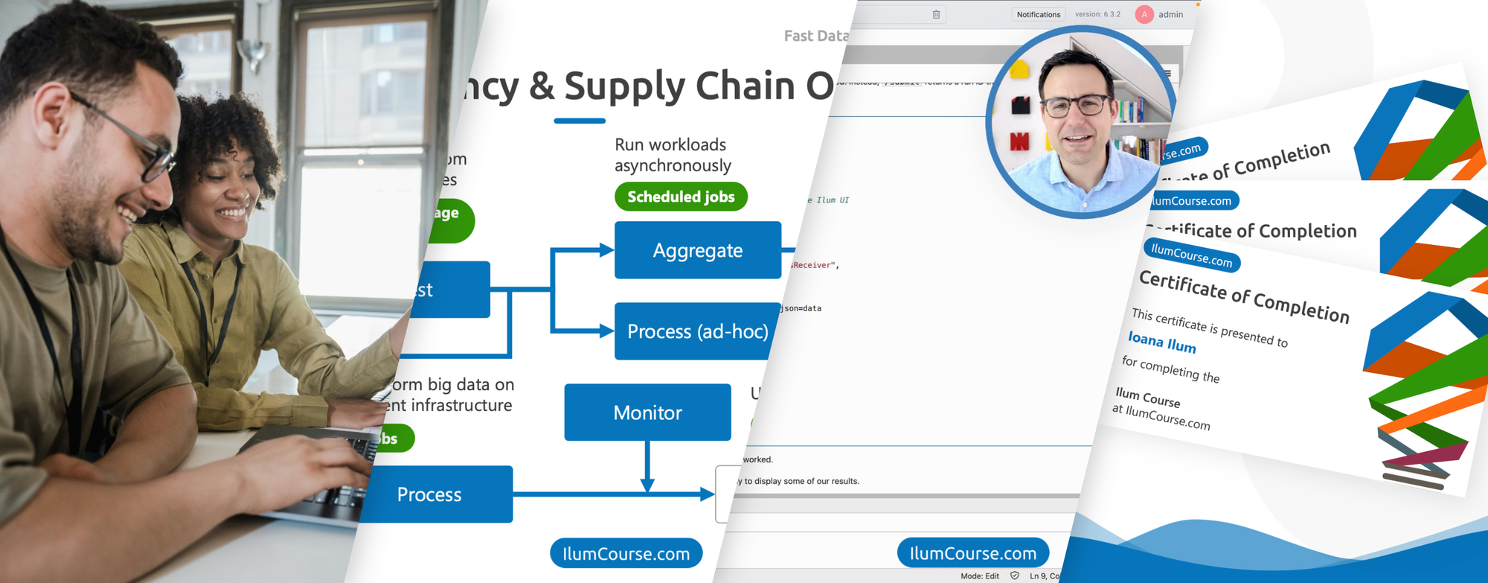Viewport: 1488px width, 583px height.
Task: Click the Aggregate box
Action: (697, 250)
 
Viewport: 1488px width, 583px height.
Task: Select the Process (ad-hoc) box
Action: (697, 331)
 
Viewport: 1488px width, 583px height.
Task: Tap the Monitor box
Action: (647, 412)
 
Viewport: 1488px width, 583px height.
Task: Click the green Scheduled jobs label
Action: (681, 197)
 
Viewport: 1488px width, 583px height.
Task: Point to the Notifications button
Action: (1038, 14)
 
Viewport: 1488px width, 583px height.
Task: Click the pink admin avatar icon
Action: (1144, 14)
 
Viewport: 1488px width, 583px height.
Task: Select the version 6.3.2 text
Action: (1097, 14)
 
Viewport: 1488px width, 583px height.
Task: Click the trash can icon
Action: (936, 14)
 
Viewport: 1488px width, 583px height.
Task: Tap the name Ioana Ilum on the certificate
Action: (1161, 343)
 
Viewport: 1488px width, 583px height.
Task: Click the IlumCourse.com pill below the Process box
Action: (626, 553)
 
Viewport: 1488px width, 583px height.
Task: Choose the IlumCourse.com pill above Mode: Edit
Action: (972, 553)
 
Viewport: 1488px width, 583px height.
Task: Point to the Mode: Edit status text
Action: (979, 576)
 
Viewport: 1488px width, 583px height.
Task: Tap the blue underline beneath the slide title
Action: (580, 121)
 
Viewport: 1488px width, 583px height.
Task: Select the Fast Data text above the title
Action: (815, 36)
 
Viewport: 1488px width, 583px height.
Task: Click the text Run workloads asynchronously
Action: (672, 155)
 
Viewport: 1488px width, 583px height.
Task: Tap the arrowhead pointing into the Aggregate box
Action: (607, 250)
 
